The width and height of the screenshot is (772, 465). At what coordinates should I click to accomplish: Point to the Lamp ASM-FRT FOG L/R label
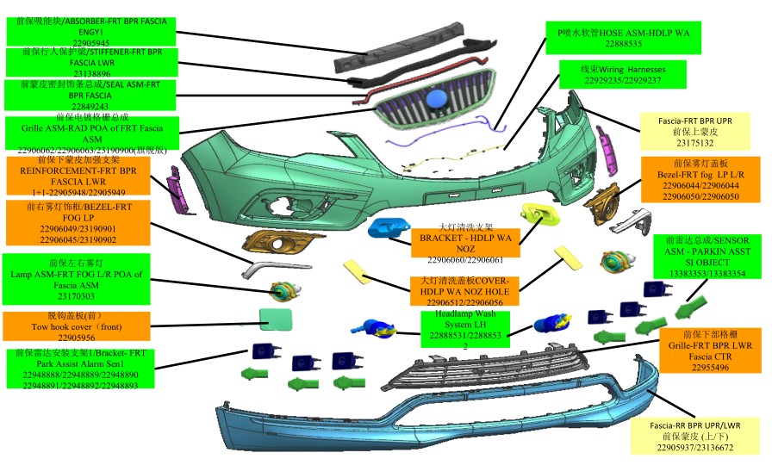(80, 275)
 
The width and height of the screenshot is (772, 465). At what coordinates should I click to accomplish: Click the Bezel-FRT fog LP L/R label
(700, 179)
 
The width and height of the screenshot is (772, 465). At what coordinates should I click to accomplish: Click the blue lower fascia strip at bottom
(431, 422)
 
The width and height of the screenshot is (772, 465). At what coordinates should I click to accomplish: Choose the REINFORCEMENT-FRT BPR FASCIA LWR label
(79, 177)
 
